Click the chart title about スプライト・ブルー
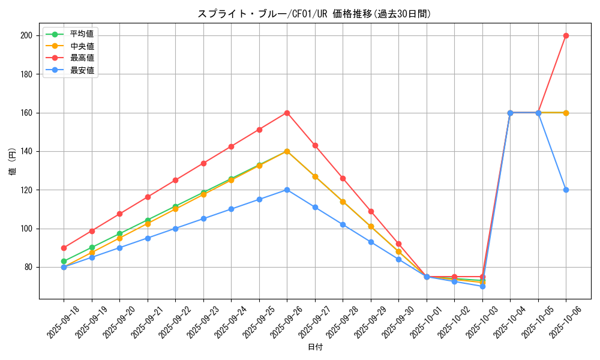point(314,14)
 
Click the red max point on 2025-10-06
point(566,35)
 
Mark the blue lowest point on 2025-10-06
point(566,190)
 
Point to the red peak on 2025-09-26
point(287,113)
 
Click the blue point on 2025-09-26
point(287,190)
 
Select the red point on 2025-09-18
point(64,248)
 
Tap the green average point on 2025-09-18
point(64,261)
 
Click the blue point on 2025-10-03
point(482,286)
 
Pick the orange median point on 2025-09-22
point(175,209)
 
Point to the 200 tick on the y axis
point(26,35)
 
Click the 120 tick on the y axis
point(26,190)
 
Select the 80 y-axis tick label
point(28,267)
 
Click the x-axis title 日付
point(315,347)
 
